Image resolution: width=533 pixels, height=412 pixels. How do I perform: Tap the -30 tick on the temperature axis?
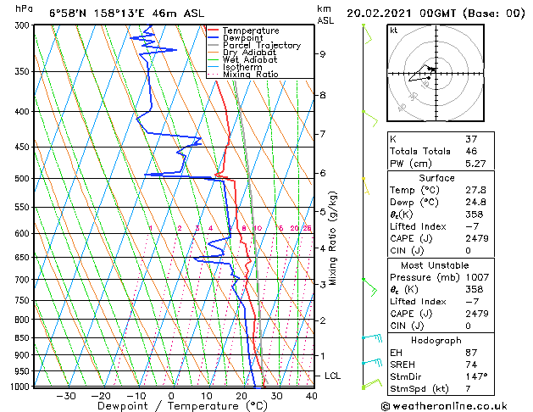66,396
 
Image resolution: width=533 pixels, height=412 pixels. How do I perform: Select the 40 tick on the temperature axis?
311,396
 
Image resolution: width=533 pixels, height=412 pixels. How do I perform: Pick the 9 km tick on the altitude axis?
323,54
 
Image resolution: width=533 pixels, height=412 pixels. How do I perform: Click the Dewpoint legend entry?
242,38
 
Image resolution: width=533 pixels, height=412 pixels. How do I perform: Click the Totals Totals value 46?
471,151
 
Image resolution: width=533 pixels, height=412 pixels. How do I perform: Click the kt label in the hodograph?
393,31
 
